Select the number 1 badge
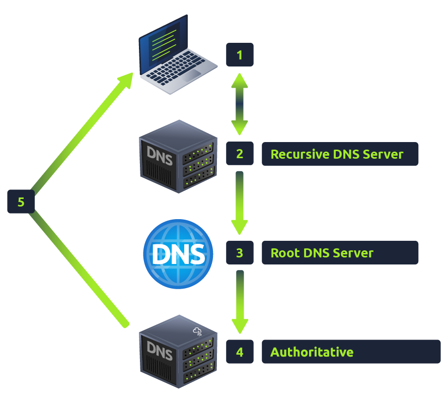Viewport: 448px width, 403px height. pyautogui.click(x=240, y=55)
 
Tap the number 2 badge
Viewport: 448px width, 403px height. pyautogui.click(x=240, y=154)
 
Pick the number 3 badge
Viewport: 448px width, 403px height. pyautogui.click(x=240, y=252)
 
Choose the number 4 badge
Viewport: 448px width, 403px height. pyautogui.click(x=240, y=352)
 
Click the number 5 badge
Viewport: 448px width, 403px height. pyautogui.click(x=21, y=202)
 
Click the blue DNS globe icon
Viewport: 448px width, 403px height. pyautogui.click(x=178, y=254)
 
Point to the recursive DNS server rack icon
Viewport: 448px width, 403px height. pyautogui.click(x=178, y=157)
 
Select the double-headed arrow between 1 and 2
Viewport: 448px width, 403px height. pyautogui.click(x=240, y=104)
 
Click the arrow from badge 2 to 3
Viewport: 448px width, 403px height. pyautogui.click(x=240, y=201)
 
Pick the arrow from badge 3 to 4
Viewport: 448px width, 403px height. pyautogui.click(x=240, y=301)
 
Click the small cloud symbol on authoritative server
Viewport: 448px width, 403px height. pyautogui.click(x=197, y=331)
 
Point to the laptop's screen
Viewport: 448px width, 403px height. pyautogui.click(x=164, y=43)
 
